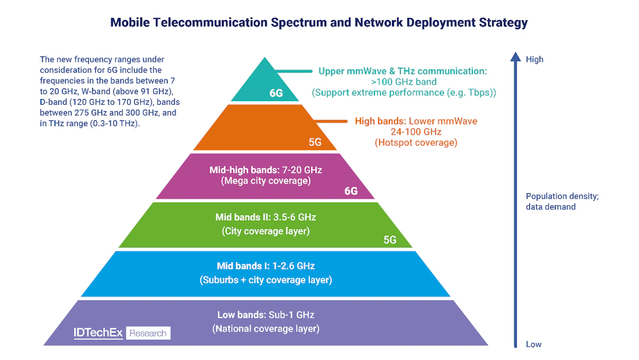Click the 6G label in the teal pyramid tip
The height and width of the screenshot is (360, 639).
(x=276, y=94)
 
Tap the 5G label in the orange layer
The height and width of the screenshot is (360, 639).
(x=316, y=143)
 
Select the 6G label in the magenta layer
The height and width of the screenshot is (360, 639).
(x=351, y=191)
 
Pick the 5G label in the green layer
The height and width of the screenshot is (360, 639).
(x=390, y=240)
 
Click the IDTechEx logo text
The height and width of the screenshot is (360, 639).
(x=98, y=333)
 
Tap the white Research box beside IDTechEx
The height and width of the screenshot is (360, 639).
(x=148, y=333)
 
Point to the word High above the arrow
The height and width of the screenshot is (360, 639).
(x=534, y=59)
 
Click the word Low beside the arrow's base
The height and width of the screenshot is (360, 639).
(x=534, y=344)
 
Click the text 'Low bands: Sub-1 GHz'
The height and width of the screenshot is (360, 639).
(x=266, y=315)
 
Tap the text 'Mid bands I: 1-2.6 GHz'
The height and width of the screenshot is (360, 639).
(x=266, y=266)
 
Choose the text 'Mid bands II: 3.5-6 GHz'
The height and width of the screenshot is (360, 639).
(x=266, y=217)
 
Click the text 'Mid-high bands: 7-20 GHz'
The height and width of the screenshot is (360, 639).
(x=266, y=170)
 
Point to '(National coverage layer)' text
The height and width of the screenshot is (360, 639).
(x=266, y=329)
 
